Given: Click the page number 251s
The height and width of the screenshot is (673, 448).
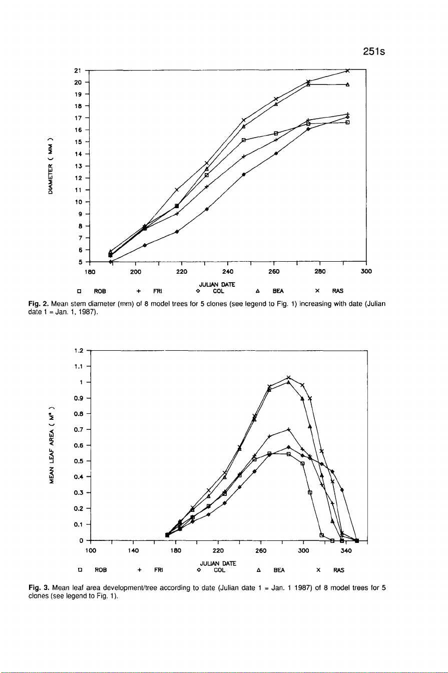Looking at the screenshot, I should click(373, 52).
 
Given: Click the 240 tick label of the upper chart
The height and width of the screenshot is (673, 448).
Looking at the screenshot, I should click(228, 272).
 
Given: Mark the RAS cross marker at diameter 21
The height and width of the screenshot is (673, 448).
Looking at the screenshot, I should click(347, 71).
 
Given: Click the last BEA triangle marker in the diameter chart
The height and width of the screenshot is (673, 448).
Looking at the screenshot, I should click(347, 85).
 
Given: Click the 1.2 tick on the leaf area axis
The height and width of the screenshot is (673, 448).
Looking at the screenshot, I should click(78, 350).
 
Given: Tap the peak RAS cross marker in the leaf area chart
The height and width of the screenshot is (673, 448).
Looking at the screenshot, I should click(289, 377).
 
